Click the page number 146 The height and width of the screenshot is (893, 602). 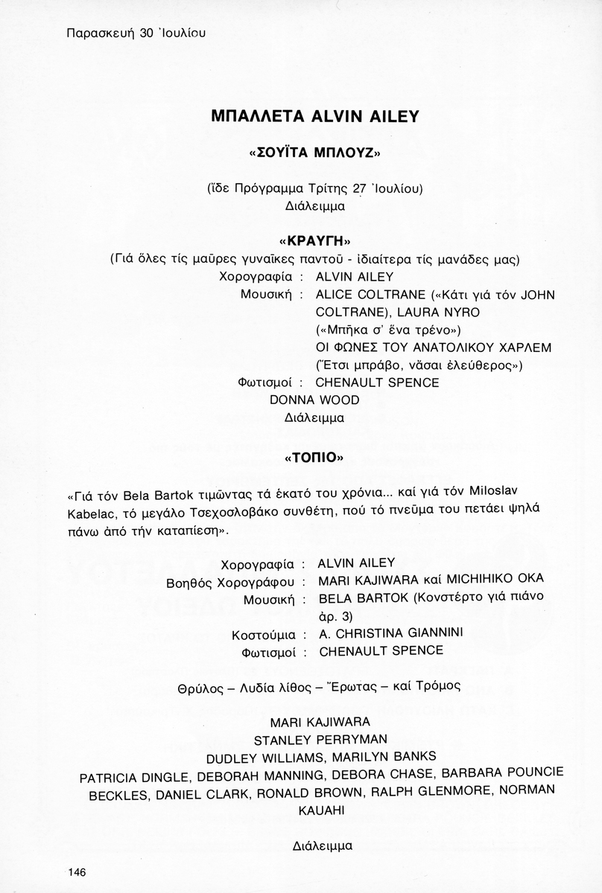[x=77, y=872]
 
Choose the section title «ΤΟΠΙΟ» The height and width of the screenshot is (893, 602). [x=314, y=458]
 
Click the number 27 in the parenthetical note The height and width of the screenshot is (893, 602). [x=361, y=188]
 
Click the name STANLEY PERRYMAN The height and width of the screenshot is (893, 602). [x=320, y=740]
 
